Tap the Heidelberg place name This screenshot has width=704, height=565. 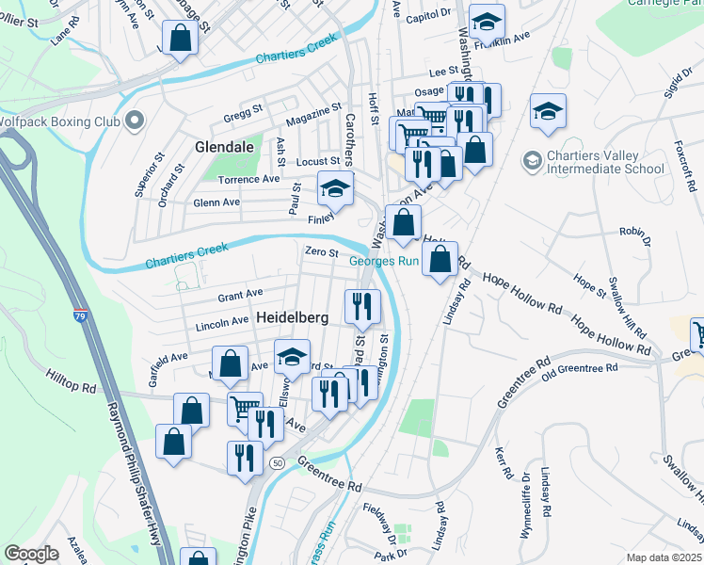coord(292,319)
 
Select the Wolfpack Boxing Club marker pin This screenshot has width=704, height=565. coord(133,121)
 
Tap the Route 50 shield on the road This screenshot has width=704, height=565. coord(277,463)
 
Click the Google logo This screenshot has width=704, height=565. coord(31,554)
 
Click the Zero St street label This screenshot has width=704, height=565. coord(320,251)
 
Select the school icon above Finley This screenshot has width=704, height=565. coord(334,188)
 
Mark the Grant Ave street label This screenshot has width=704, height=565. coord(240,296)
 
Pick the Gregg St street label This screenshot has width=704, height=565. coord(242,116)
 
